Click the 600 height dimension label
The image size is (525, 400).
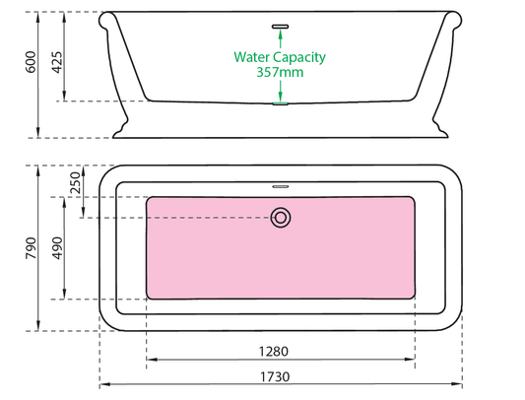31,62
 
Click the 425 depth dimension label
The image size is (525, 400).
56,62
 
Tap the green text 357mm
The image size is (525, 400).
280,72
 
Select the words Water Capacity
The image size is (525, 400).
280,57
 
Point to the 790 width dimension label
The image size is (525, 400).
32,248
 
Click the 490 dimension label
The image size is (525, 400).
57,248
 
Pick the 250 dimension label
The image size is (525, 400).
76,182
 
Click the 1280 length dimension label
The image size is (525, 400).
274,352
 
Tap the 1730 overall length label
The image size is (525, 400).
275,377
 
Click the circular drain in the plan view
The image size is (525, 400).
281,218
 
